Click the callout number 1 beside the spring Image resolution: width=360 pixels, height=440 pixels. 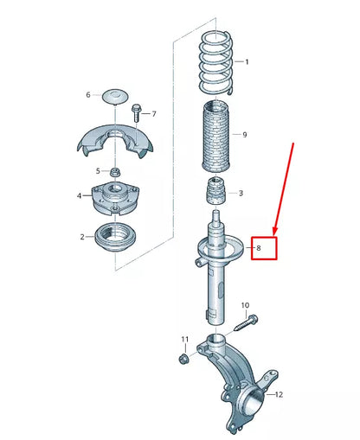point(247,62)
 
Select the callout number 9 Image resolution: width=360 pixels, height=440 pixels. point(245,135)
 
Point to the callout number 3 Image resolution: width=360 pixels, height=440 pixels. point(241,194)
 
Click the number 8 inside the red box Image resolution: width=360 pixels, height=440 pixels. point(256,249)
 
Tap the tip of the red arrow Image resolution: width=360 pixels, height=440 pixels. point(274,233)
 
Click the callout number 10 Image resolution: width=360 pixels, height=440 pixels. point(245,305)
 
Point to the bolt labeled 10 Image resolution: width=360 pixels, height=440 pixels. point(243,324)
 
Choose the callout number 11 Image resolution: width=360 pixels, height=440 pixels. point(183,338)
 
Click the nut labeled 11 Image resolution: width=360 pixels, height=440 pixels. point(184,357)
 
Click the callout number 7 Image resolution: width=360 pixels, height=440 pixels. point(154,114)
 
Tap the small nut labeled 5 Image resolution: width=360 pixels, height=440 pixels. point(114,171)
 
